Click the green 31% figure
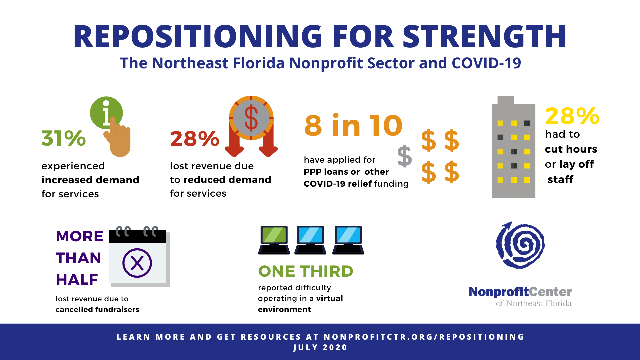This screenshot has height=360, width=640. [63, 138]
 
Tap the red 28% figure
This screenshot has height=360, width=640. [195, 139]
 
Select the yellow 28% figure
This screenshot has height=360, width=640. [572, 116]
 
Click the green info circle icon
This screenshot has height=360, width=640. [106, 113]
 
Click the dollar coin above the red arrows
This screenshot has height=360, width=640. [251, 118]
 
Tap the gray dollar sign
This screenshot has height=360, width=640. [405, 156]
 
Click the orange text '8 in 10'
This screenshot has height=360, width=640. [354, 125]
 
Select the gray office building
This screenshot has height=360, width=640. [514, 147]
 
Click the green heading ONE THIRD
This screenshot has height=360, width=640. [306, 271]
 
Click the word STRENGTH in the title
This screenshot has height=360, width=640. [485, 36]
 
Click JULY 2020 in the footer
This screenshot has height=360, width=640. [320, 347]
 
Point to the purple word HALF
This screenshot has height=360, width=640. [77, 280]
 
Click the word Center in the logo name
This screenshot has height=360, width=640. [550, 292]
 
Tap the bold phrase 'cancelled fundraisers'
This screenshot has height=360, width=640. [97, 309]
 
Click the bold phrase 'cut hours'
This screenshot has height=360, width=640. [571, 149]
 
